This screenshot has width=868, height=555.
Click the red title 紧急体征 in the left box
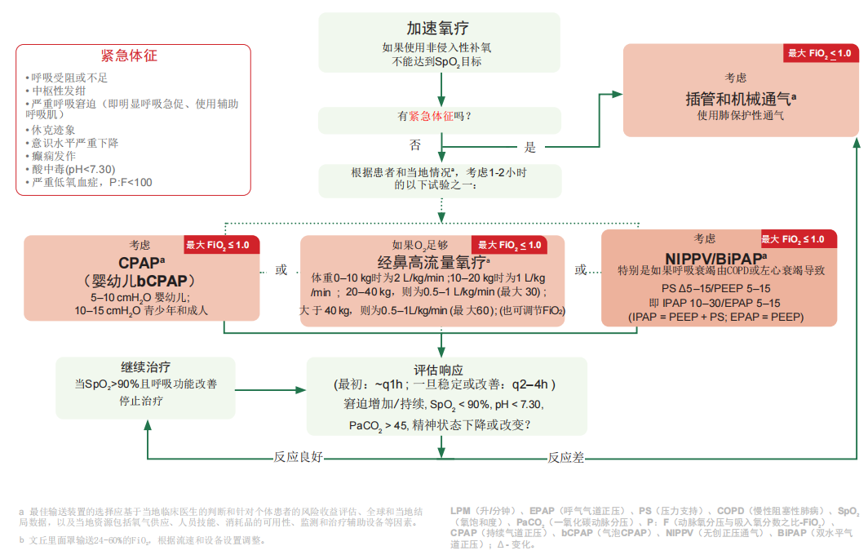point(129,55)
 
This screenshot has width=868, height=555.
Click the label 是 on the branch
point(530,148)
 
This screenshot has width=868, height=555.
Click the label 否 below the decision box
point(415,145)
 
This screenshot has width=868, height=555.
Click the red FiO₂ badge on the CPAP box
point(223,245)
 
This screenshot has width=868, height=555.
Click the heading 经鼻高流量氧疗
point(433,262)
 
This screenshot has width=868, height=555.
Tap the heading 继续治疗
point(145,367)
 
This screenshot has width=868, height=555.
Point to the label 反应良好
point(298,457)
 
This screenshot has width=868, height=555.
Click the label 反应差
point(565,457)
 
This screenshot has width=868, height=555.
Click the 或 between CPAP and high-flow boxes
point(281,269)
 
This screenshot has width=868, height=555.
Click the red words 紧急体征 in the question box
point(431,117)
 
